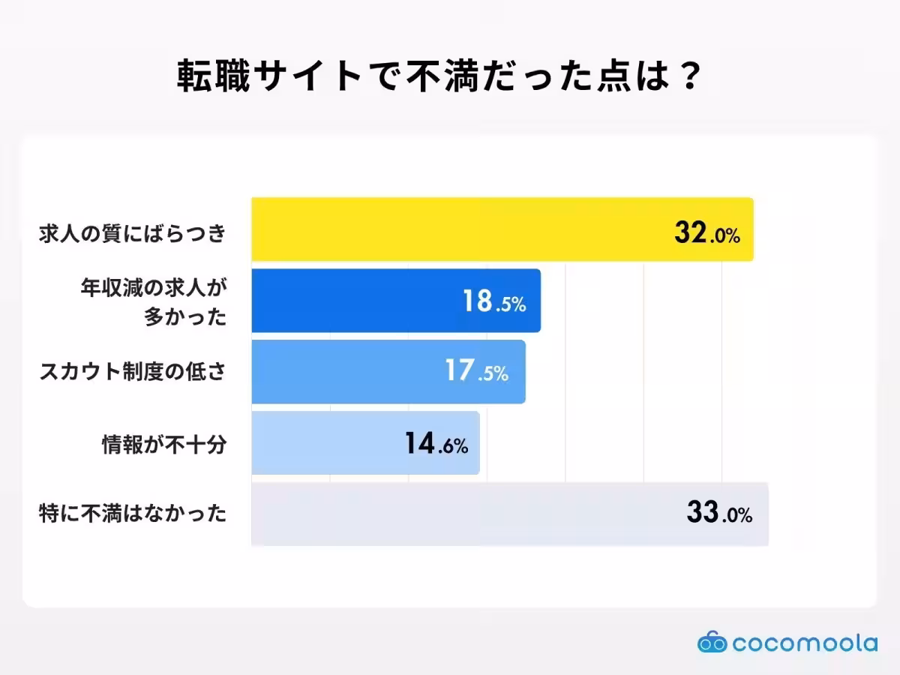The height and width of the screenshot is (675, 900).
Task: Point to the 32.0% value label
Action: click(x=707, y=234)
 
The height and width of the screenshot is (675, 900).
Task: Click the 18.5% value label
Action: click(x=493, y=301)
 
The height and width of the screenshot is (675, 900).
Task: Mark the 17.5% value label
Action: click(x=477, y=371)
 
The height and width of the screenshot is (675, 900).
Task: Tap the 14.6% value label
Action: click(x=436, y=444)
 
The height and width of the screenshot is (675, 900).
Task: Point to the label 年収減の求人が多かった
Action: click(x=153, y=301)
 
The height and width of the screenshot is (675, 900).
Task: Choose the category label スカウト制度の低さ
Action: click(x=133, y=372)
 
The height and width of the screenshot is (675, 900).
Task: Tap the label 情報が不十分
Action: click(x=164, y=444)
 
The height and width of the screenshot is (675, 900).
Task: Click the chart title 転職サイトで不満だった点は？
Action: click(x=439, y=77)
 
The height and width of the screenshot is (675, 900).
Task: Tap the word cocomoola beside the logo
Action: click(x=805, y=643)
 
